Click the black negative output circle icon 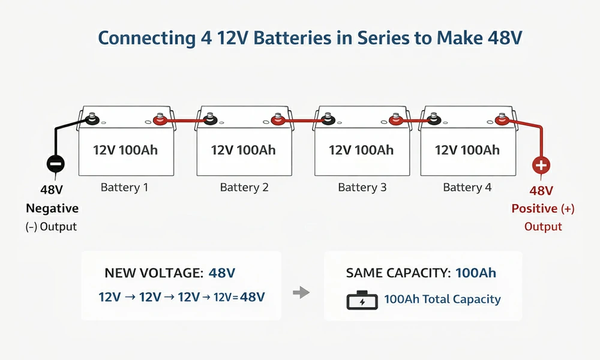55,164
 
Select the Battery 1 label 124,188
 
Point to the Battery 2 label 244,188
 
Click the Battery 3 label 362,188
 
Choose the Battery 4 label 467,188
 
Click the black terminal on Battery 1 92,119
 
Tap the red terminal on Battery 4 500,121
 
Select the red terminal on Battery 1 160,120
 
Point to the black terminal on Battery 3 328,120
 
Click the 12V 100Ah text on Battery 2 243,150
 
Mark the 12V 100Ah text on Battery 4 467,150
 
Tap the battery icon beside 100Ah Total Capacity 362,300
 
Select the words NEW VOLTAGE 153,273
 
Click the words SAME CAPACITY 398,273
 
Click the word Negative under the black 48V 52,209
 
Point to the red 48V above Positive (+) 541,191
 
